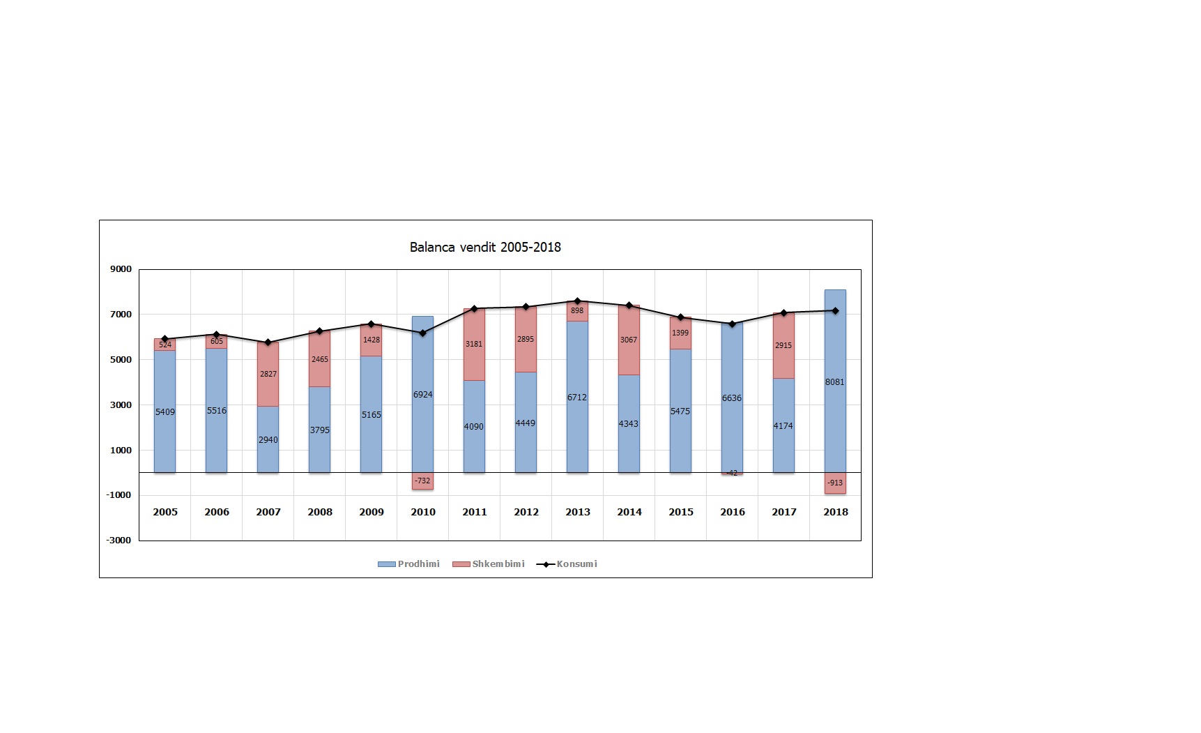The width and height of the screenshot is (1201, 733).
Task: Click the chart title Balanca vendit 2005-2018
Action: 485,247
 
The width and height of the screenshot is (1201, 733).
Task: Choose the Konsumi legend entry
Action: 567,564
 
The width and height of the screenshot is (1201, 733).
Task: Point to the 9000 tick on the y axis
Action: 121,269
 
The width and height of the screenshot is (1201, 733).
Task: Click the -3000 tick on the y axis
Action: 118,540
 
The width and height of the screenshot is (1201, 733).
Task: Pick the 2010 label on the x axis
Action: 423,512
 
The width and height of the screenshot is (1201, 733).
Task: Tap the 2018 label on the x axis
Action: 836,512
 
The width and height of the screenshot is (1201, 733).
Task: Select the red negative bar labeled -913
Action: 835,483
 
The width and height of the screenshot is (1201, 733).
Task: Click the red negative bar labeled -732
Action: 422,481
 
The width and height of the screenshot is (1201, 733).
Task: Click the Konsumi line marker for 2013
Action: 577,301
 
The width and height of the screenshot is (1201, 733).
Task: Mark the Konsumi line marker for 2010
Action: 422,333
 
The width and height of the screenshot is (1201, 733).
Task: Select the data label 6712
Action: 577,398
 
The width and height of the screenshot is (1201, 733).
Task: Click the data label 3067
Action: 629,340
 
